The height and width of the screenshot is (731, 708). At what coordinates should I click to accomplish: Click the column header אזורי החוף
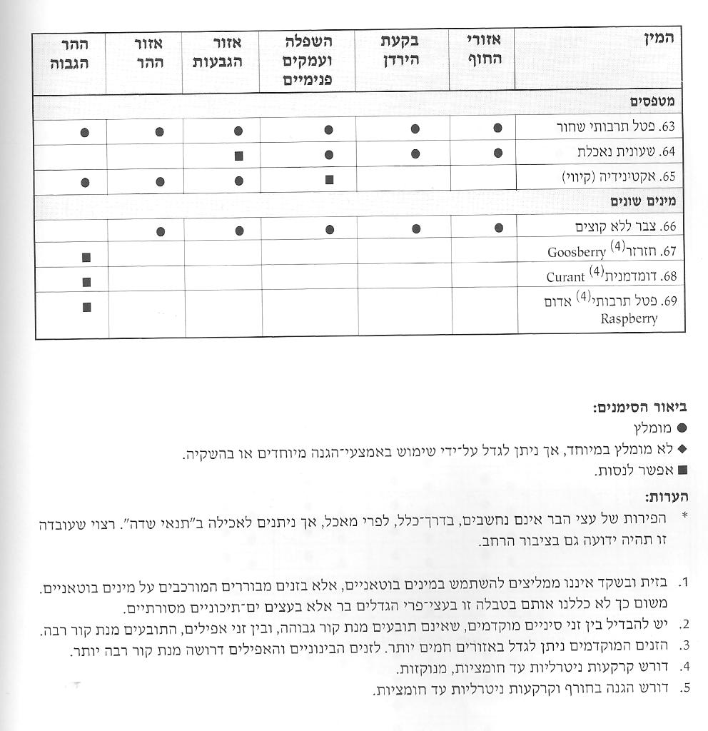483,51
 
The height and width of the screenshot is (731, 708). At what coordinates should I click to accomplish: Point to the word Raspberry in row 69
629,319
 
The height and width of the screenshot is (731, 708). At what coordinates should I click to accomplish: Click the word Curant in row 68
566,277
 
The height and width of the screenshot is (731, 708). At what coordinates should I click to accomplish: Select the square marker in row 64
238,155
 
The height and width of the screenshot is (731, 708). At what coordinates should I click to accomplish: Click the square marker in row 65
329,180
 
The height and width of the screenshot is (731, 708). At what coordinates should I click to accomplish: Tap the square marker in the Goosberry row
86,257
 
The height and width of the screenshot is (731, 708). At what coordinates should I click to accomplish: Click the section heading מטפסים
652,101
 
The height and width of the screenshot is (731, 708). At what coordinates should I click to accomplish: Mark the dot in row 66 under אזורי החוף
497,228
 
